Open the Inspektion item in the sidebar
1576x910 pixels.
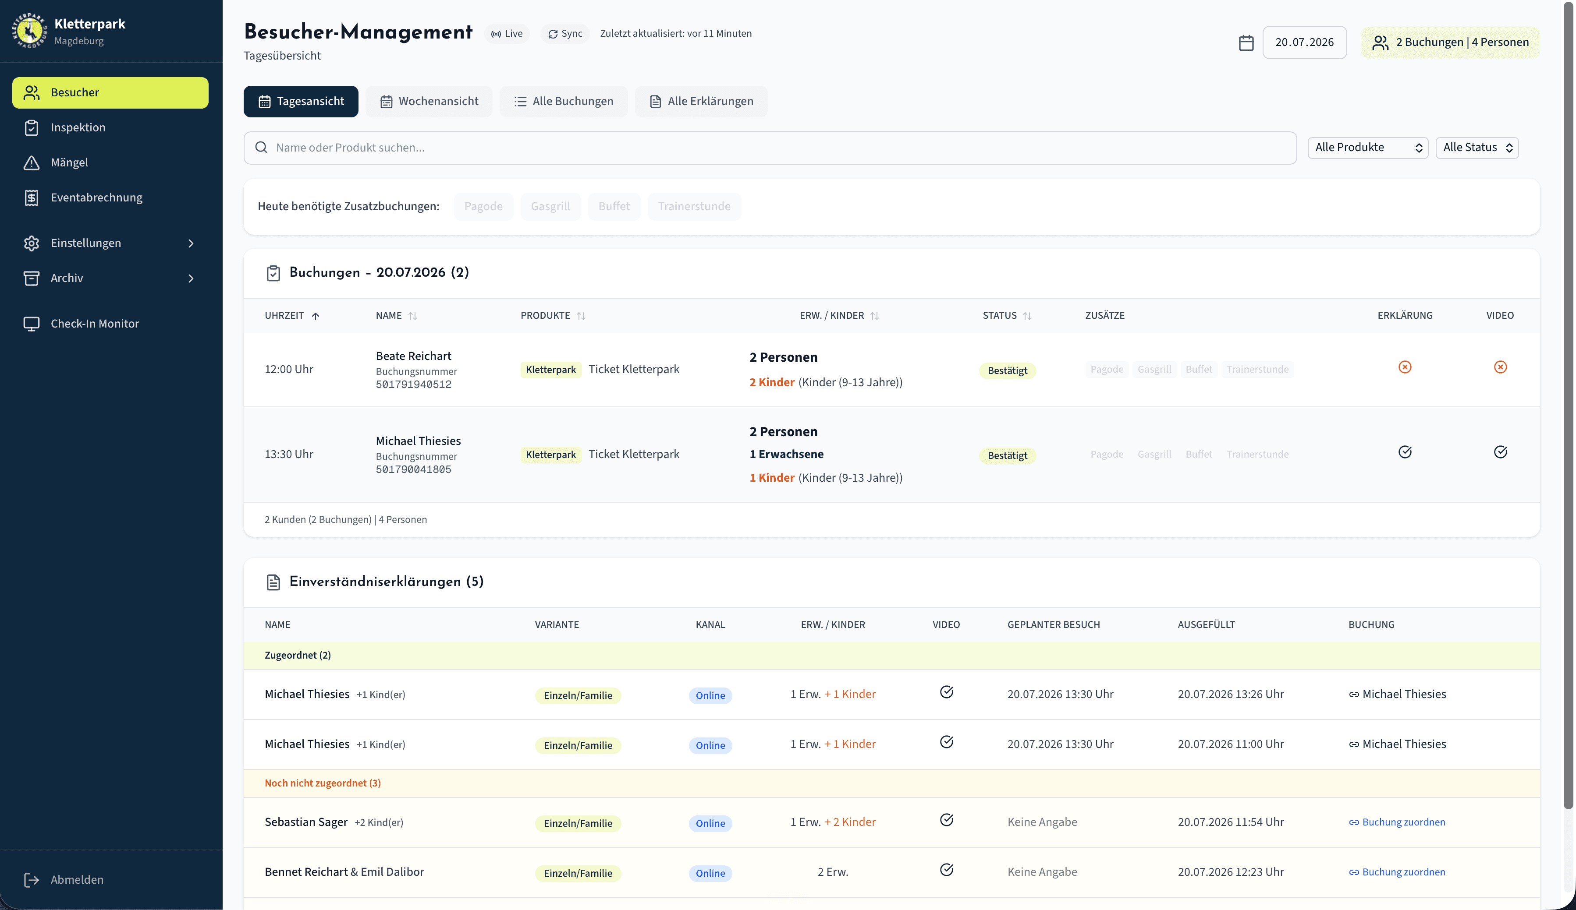pyautogui.click(x=78, y=127)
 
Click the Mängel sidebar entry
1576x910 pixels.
pyautogui.click(x=69, y=162)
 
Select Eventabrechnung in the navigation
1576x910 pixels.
pyautogui.click(x=96, y=198)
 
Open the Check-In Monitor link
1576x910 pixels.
pyautogui.click(x=94, y=324)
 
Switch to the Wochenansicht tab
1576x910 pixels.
pyautogui.click(x=429, y=101)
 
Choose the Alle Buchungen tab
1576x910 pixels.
pyautogui.click(x=564, y=101)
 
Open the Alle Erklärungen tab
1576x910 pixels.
pyautogui.click(x=701, y=101)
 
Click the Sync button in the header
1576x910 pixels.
pyautogui.click(x=565, y=34)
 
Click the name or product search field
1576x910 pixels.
pyautogui.click(x=770, y=148)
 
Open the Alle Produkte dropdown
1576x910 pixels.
pyautogui.click(x=1368, y=148)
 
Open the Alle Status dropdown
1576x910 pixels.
pyautogui.click(x=1477, y=148)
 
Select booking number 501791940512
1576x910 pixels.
pyautogui.click(x=413, y=385)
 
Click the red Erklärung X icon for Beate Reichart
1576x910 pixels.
pyautogui.click(x=1405, y=367)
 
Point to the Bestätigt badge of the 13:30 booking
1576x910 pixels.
pyautogui.click(x=1007, y=455)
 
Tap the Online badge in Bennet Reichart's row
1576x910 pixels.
pyautogui.click(x=710, y=873)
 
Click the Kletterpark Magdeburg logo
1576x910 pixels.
pyautogui.click(x=29, y=31)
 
